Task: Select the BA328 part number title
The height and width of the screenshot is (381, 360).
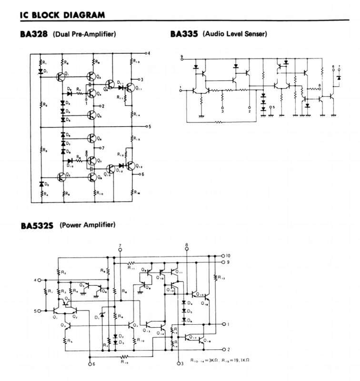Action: (x=33, y=34)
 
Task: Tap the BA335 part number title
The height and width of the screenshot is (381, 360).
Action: (x=184, y=34)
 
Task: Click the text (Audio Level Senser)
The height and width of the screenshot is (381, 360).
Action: (x=235, y=34)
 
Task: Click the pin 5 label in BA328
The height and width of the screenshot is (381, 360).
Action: (x=149, y=127)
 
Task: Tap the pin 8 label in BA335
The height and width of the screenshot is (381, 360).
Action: (x=320, y=86)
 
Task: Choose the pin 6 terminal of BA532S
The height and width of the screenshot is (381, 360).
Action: (x=90, y=364)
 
